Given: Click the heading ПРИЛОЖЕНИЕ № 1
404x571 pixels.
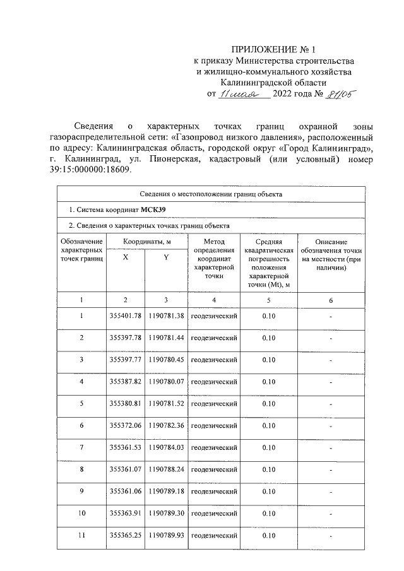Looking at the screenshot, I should point(273,49).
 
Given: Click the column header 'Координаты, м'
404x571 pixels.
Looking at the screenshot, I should point(146,242).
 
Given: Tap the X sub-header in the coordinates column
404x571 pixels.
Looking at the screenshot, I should point(126,266).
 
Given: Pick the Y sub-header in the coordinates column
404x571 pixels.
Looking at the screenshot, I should point(165,266).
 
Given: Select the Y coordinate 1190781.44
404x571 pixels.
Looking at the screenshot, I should point(166,338).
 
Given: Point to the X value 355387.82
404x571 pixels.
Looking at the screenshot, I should point(125,382).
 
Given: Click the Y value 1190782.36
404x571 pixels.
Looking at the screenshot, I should point(166,426).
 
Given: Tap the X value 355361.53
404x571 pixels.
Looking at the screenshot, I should point(125,447).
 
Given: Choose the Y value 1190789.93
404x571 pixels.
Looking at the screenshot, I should point(166,536).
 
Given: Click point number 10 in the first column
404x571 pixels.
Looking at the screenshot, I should point(81,514).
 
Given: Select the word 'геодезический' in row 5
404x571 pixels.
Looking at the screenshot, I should point(214,404).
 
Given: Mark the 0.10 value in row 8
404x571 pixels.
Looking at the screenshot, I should point(269,469).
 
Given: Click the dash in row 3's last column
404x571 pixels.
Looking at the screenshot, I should point(331,360).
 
